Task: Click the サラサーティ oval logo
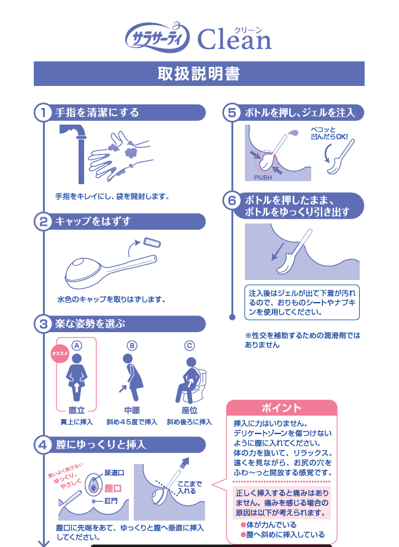coord(157,37)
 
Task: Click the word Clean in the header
coord(234,40)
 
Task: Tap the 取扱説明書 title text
coord(199,74)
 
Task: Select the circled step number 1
coord(43,113)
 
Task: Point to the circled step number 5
coord(232,113)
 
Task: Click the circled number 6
coord(232,201)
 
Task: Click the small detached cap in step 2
coord(152,242)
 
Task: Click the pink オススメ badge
coord(60,354)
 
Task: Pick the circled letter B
coord(132,346)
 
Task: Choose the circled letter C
coord(190,346)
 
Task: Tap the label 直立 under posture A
coord(77,410)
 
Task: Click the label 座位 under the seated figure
coord(190,410)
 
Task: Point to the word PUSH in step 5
coord(263,177)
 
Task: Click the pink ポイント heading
coord(282,408)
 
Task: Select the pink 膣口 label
coord(113,488)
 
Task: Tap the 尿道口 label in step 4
coord(114,473)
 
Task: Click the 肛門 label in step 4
coord(111,501)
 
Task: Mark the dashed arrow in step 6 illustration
coord(278,251)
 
